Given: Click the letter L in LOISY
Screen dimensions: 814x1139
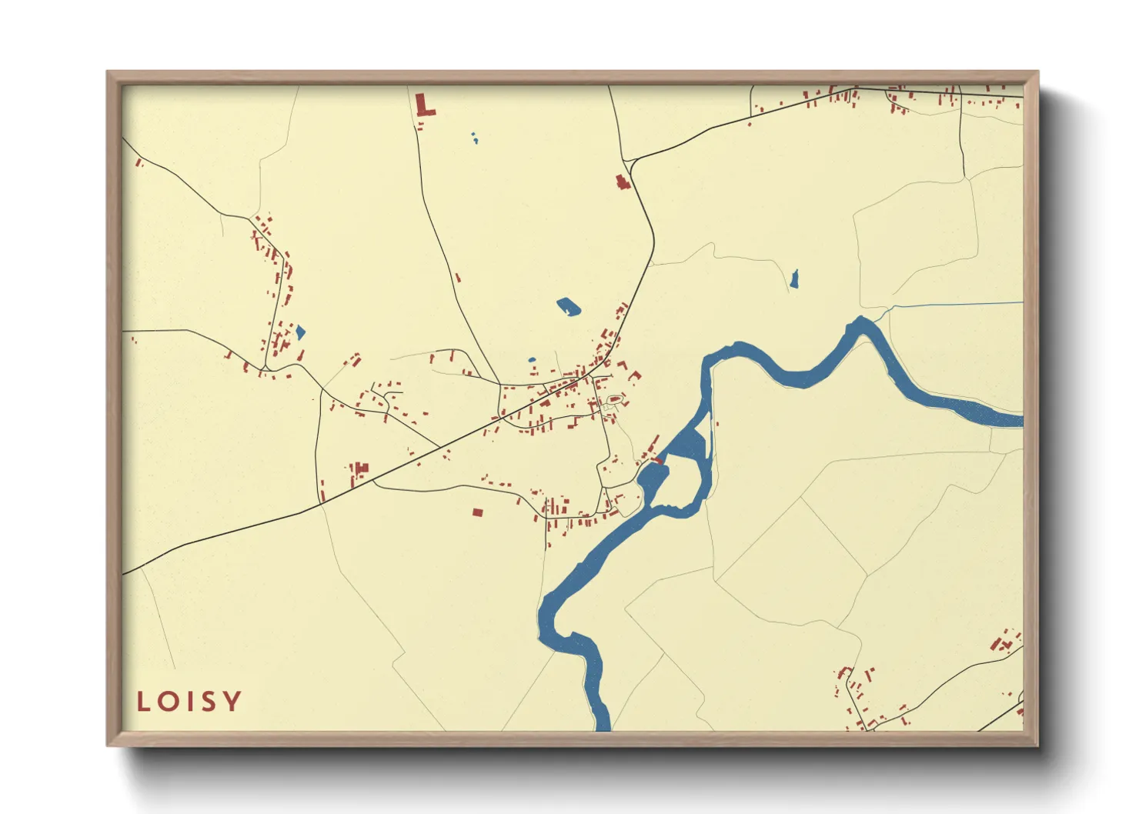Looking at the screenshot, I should point(142,701).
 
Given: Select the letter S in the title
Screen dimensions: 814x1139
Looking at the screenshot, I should point(209,701).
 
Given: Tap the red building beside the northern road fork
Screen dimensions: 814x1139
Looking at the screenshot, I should point(622,182).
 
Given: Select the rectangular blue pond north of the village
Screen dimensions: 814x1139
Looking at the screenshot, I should point(569,307).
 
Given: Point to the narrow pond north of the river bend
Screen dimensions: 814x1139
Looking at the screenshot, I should point(794,279).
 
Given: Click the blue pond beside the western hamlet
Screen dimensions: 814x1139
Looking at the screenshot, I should point(300,332).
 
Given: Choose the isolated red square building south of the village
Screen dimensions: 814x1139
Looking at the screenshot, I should point(477,512).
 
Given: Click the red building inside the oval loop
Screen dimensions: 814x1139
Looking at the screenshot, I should point(615,399).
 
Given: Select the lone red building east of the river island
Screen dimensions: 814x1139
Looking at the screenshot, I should point(717,422).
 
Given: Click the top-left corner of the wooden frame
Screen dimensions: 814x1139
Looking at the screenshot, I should point(109,72).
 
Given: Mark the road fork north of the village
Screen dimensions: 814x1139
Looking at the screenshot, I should point(630,162).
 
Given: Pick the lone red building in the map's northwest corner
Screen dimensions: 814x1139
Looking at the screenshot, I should point(139,162).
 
